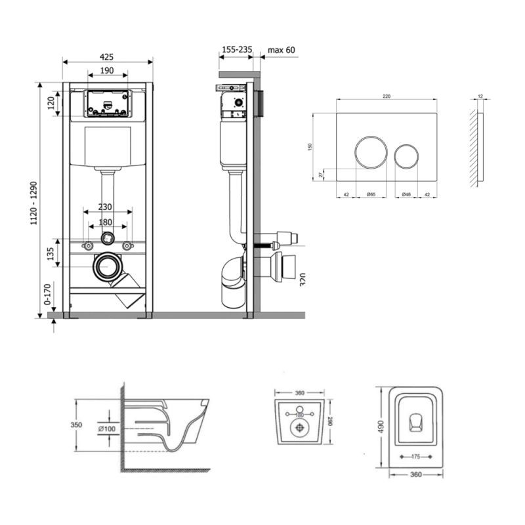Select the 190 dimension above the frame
point(107,70)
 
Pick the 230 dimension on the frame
point(105,206)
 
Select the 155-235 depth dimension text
point(236,49)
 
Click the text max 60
point(282,49)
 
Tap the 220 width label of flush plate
point(387,96)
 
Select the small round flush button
point(406,155)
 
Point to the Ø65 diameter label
point(371,194)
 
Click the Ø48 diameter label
point(406,194)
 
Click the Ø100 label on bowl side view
point(108,429)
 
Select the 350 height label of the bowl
point(77,425)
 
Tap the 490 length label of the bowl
point(381,427)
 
